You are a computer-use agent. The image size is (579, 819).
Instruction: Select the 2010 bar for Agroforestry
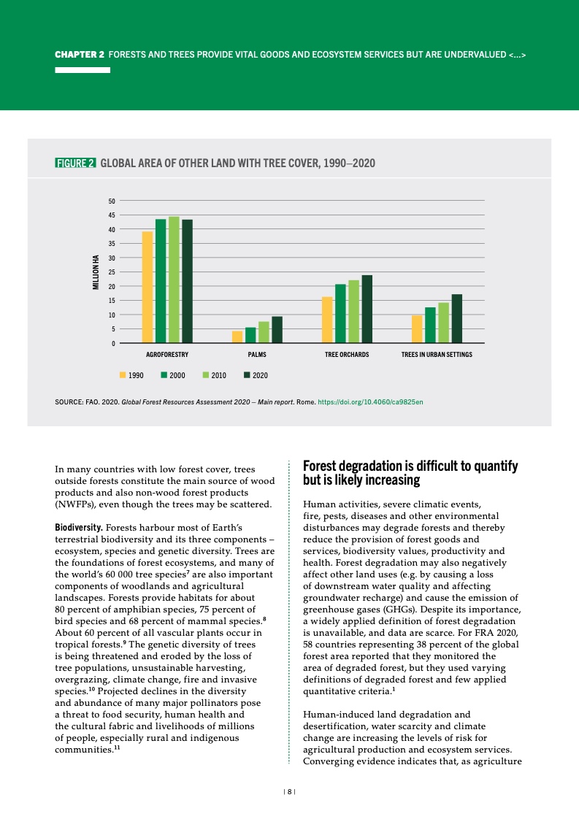click(x=174, y=280)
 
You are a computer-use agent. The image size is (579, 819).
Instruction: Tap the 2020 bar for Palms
click(x=277, y=329)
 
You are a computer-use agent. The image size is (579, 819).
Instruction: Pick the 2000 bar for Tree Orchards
click(x=340, y=313)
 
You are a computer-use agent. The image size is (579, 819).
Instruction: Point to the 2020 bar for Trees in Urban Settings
click(x=457, y=318)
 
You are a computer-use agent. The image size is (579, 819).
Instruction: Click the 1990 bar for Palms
click(x=237, y=337)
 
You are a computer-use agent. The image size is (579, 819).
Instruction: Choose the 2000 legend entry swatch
click(x=165, y=375)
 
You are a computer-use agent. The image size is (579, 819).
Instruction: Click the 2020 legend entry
click(x=256, y=375)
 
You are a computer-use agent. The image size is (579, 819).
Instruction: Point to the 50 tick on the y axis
click(x=111, y=201)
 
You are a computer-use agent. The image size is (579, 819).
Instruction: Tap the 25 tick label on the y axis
click(x=111, y=272)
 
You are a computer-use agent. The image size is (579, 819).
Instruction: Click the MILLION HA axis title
click(x=95, y=272)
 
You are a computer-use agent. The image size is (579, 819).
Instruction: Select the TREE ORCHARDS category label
click(x=347, y=355)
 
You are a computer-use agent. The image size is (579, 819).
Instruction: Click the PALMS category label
click(x=257, y=355)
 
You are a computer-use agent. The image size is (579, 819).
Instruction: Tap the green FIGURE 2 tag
click(x=75, y=163)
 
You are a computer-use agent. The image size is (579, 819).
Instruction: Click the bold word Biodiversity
click(x=79, y=526)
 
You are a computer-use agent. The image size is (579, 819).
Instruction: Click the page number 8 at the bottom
click(x=290, y=791)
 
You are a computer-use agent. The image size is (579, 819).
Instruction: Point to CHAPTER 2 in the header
click(x=80, y=55)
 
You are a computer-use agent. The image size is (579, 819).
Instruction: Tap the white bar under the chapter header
click(x=83, y=70)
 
